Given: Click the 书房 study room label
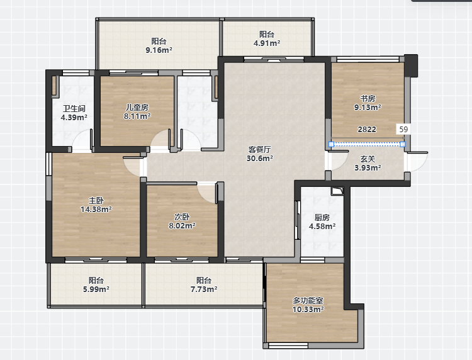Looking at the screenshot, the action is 368,98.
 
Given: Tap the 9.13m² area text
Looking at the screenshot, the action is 368,107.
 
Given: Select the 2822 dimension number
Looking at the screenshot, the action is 367,130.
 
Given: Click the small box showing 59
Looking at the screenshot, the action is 403,130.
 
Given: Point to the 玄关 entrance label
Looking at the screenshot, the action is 368,159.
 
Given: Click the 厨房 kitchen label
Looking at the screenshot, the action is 322,217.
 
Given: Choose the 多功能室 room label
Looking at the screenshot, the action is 308,300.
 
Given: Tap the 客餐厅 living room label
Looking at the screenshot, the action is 259,149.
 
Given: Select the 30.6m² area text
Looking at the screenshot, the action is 259,158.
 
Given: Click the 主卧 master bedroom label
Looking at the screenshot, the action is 96,200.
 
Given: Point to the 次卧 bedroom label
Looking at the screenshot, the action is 182,217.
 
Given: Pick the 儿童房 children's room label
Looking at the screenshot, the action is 137,107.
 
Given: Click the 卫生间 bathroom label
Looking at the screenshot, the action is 74,108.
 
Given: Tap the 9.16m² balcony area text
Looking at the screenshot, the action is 159,50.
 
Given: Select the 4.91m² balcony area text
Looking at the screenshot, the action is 267,43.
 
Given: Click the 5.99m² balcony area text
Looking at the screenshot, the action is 96,290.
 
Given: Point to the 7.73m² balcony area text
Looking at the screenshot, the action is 204,290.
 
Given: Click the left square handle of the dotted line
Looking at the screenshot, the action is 331,145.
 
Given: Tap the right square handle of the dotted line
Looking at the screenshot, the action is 403,145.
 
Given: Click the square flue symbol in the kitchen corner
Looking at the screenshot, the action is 337,191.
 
